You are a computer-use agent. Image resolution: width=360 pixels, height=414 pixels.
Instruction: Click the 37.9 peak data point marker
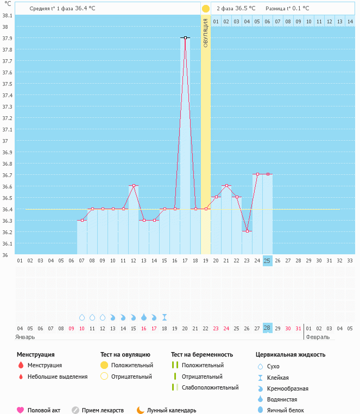(185, 37)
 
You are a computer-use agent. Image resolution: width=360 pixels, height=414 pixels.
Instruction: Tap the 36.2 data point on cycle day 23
(247, 231)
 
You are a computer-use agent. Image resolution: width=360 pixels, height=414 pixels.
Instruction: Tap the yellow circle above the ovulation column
(206, 9)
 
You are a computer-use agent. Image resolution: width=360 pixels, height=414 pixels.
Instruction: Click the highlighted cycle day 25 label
(267, 261)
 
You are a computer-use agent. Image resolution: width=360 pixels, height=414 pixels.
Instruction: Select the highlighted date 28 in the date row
(267, 328)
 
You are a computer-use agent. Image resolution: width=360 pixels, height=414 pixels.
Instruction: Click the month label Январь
(26, 337)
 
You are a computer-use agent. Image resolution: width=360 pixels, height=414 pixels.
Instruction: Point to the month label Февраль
(317, 337)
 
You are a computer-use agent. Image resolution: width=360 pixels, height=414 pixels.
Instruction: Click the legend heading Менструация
(36, 355)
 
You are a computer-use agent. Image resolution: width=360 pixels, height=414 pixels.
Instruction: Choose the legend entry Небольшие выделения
(58, 377)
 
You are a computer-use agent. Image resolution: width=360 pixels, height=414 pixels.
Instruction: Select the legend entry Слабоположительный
(210, 387)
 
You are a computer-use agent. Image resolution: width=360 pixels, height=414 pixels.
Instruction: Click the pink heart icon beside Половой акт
(21, 410)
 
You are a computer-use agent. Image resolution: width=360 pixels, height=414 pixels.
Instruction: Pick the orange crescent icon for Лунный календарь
(141, 410)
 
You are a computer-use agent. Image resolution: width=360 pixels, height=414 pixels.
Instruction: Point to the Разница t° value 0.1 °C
(299, 9)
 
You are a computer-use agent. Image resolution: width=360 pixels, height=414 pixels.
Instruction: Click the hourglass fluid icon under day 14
(165, 317)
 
